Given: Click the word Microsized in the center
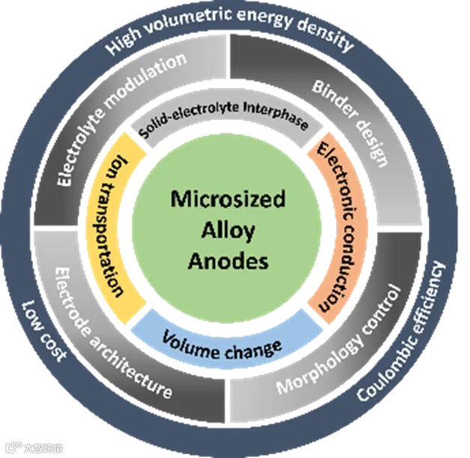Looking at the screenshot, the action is click(228, 200).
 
